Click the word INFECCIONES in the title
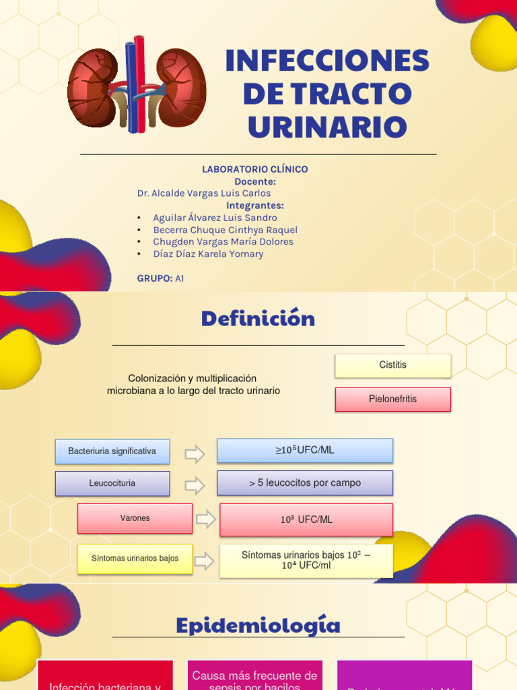[x=327, y=61]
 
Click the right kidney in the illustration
[x=180, y=88]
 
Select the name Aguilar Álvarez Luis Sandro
[x=215, y=218]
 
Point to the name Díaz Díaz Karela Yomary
[x=208, y=254]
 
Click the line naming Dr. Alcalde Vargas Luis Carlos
[x=204, y=193]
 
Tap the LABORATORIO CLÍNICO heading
[x=255, y=169]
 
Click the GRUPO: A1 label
[x=160, y=278]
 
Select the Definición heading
[x=258, y=319]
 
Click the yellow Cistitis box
[x=392, y=365]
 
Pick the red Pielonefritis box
[x=392, y=399]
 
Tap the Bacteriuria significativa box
[x=112, y=451]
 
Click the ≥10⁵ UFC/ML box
[x=304, y=450]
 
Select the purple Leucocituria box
[x=112, y=483]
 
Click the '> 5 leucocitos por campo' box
[x=304, y=483]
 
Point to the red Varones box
[x=135, y=518]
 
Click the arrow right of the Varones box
[x=205, y=519]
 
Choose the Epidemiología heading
[x=258, y=626]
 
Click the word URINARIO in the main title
[x=327, y=127]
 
